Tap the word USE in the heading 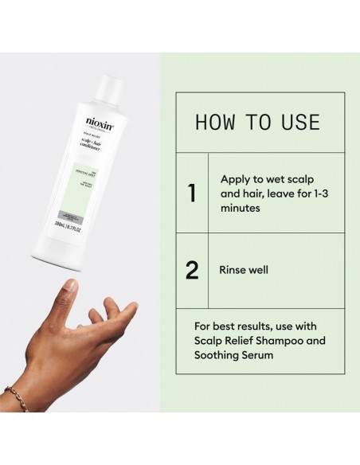click(299, 123)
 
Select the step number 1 click(191, 193)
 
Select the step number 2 click(191, 270)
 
